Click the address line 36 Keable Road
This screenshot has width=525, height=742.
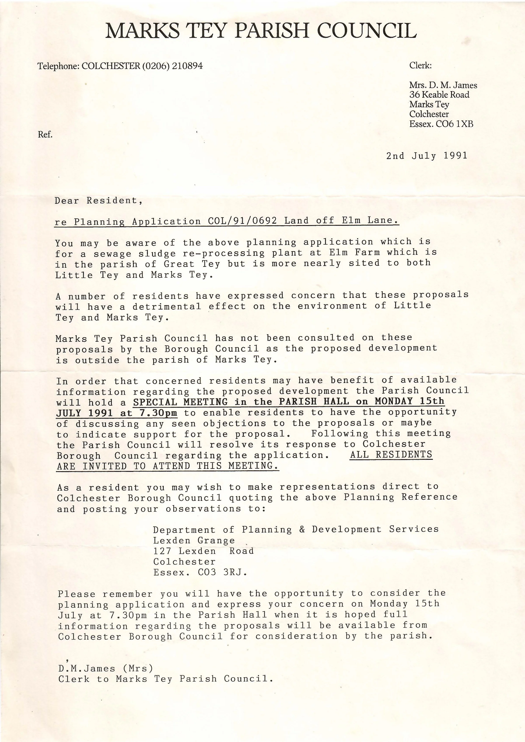(x=439, y=95)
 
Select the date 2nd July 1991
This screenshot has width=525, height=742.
(x=427, y=156)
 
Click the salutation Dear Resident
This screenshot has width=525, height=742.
(x=98, y=201)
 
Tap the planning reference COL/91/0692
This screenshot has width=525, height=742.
(x=243, y=221)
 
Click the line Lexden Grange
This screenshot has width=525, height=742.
(x=194, y=540)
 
